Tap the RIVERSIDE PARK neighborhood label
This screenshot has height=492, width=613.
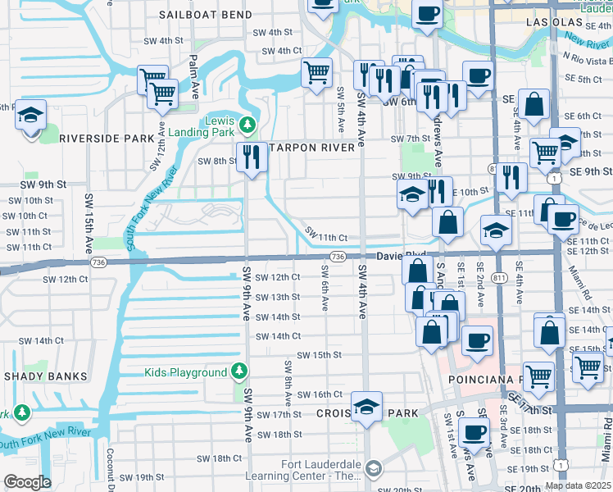[107, 139]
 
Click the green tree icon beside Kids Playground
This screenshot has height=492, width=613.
[238, 372]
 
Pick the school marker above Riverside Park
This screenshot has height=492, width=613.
[30, 115]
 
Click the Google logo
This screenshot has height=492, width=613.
[27, 482]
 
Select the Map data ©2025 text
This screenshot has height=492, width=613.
[579, 485]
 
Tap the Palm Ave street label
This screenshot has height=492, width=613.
[195, 74]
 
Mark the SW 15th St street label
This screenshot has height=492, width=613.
[319, 355]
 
